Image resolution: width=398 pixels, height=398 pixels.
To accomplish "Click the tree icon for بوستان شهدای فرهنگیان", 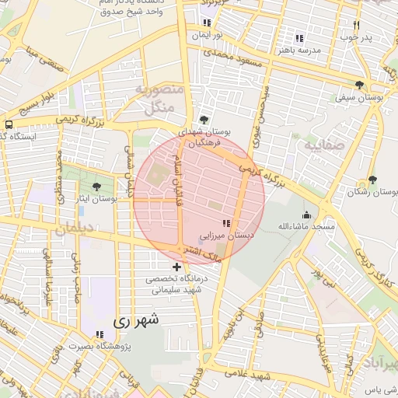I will click(204, 120).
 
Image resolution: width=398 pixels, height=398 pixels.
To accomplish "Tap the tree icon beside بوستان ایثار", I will click(96, 187).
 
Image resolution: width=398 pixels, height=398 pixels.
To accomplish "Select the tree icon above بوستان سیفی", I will click(359, 85).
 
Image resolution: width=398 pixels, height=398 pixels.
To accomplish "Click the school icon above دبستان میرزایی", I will click(226, 223).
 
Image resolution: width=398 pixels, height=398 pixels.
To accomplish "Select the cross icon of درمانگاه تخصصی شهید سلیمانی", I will click(176, 267).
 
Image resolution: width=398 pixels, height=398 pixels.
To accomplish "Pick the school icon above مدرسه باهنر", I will click(299, 38).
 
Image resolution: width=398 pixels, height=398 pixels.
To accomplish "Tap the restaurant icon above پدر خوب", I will click(357, 24).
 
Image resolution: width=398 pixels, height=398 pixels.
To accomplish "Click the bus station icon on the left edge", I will click(8, 124).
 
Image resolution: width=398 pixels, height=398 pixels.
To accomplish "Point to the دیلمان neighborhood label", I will click(74, 228).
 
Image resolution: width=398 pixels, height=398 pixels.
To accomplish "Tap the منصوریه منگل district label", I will click(159, 99).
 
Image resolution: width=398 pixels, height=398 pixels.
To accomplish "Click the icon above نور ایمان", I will click(207, 23).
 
